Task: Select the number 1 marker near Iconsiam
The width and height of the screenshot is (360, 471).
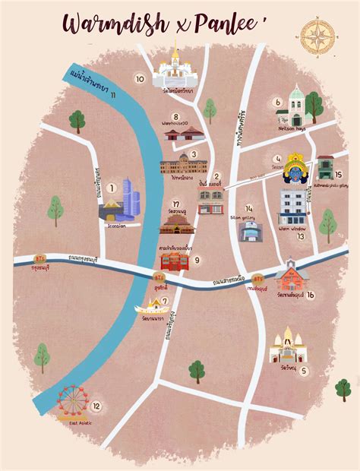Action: pos(112,188)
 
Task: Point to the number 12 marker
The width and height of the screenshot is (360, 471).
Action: pos(96,406)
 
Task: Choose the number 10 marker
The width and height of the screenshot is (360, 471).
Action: pos(139,78)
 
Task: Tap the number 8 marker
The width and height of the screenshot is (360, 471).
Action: pos(175,116)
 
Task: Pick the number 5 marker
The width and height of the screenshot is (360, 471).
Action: pos(304,371)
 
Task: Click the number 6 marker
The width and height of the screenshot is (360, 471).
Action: pos(278,103)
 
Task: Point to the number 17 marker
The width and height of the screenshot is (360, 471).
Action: pos(175,204)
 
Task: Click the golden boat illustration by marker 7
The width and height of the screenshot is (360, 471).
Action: pos(151,309)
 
